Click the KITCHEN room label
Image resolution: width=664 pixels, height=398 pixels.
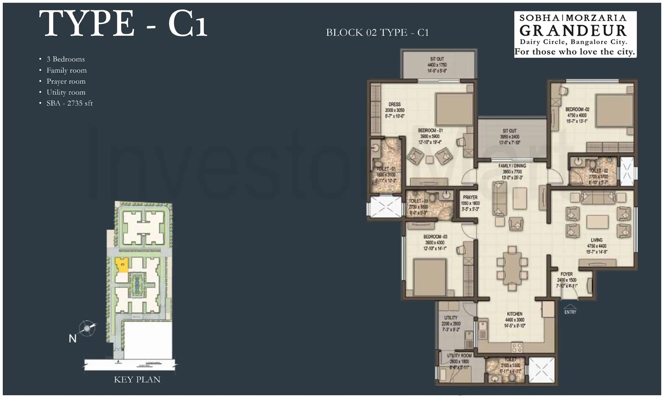(515, 314)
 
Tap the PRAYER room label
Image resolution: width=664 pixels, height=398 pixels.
(470, 197)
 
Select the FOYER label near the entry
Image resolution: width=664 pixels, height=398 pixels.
(566, 274)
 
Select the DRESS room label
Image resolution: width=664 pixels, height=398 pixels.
(395, 104)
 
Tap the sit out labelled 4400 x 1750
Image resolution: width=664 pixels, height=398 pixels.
(437, 65)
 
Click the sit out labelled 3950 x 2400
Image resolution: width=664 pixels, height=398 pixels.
(510, 137)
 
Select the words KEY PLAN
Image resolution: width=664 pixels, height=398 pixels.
(137, 379)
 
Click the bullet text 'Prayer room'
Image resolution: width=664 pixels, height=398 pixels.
(66, 81)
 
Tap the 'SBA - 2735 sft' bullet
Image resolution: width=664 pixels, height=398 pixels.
(69, 103)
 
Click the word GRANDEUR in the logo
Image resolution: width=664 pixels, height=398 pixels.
(573, 31)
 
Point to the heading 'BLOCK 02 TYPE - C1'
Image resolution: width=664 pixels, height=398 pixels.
(377, 33)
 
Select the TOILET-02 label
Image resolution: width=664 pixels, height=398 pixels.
(598, 171)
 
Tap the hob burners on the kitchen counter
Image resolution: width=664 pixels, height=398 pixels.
(517, 347)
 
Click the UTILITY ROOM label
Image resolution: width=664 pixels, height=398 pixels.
(459, 356)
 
